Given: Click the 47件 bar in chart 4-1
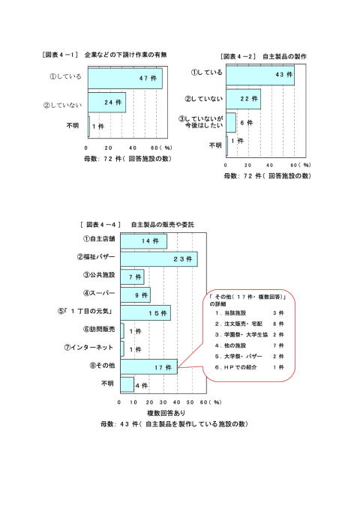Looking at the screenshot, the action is pos(125,79).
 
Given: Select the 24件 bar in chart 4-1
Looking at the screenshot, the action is pos(106,103).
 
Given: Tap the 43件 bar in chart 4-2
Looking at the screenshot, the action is pos(260,75).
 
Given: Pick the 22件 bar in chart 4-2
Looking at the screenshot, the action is pos(243,99).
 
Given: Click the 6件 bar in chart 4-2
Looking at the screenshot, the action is pos(231,123).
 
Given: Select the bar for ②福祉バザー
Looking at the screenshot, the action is pos(159,258).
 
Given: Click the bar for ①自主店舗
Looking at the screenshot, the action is pos(144,241).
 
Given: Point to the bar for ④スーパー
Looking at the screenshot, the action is pos(135,295).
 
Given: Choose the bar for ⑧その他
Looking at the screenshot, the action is pos(148,367).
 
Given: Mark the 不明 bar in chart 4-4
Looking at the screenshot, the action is pos(127,384).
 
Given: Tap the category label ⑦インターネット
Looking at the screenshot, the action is pos(88,348).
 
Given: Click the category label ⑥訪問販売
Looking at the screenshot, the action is pos(99,329).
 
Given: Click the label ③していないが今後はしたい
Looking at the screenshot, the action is pos(201,122).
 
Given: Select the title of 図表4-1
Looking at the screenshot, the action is pos(104,55).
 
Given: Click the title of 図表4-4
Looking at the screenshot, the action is pos(137,225).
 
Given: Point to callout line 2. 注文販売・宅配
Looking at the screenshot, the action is pos(250,324).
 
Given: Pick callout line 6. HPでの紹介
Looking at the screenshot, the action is pos(250,367).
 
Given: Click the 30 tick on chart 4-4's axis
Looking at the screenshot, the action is pos(163,402).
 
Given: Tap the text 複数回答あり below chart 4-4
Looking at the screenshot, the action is pos(166,413).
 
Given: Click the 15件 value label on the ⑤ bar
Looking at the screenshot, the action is pos(157,313).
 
